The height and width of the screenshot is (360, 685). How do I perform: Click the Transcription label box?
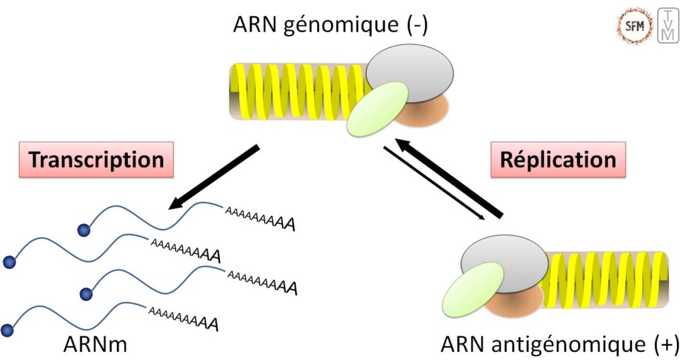click(97, 160)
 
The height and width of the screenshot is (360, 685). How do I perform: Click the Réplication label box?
click(559, 160)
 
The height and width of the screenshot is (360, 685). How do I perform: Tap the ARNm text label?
click(95, 345)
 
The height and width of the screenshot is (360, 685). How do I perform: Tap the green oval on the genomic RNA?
click(378, 107)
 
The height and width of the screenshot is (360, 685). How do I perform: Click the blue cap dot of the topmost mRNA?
click(84, 230)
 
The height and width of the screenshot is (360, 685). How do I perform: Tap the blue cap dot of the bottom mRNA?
click(8, 330)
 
